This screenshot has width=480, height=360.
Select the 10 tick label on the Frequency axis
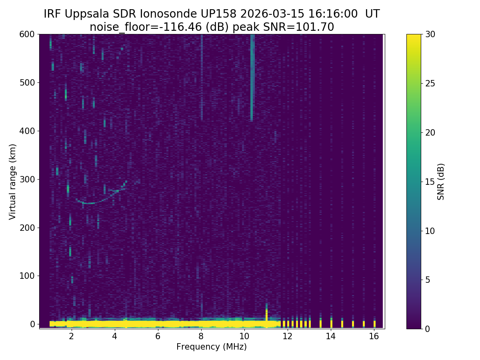[244, 336]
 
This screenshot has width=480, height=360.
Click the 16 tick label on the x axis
[374, 336]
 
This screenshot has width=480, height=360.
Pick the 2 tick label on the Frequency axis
[72, 336]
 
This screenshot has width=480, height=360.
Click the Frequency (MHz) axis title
[212, 347]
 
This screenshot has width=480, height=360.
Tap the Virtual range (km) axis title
[12, 182]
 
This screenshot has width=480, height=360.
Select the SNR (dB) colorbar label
[441, 182]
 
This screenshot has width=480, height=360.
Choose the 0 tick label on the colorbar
[427, 329]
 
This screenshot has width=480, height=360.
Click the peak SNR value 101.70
[318, 27]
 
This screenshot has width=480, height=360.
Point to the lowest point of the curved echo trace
[89, 203]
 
